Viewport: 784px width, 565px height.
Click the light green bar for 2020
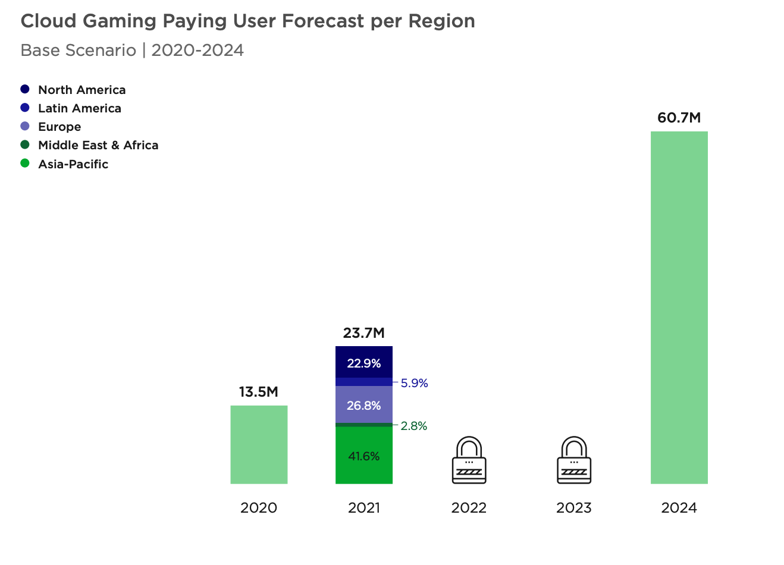pyautogui.click(x=259, y=444)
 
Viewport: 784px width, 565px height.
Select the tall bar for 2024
pyautogui.click(x=679, y=307)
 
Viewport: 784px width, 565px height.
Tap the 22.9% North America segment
pyautogui.click(x=363, y=363)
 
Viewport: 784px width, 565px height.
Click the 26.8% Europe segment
pyautogui.click(x=363, y=405)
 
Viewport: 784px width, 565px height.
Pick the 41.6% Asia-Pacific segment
pyautogui.click(x=363, y=456)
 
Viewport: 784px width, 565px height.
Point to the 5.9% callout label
pyautogui.click(x=414, y=383)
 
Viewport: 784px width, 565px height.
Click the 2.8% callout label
pyautogui.click(x=413, y=426)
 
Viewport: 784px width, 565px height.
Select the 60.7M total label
pyautogui.click(x=679, y=118)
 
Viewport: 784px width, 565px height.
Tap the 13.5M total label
pyautogui.click(x=259, y=392)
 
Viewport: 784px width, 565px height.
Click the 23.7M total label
pyautogui.click(x=363, y=333)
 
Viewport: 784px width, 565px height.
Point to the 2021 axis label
pyautogui.click(x=363, y=508)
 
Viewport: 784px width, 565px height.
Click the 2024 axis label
pyautogui.click(x=679, y=508)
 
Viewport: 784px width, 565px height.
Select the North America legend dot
pyautogui.click(x=25, y=89)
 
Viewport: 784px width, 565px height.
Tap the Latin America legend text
pyautogui.click(x=80, y=108)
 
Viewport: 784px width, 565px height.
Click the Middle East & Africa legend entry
pyautogui.click(x=98, y=145)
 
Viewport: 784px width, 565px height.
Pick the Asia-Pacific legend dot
pyautogui.click(x=25, y=164)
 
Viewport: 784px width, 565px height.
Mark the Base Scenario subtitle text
pyautogui.click(x=78, y=50)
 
